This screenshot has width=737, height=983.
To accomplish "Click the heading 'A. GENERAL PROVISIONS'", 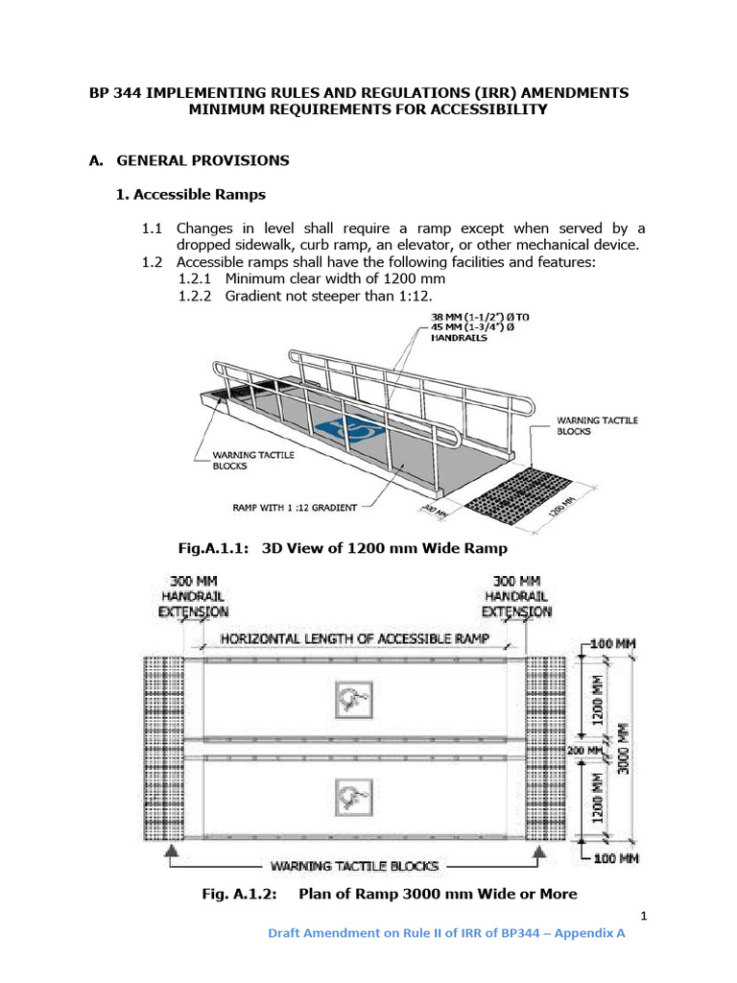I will coord(189,160).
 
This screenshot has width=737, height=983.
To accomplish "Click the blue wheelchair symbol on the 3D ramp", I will coord(345,430).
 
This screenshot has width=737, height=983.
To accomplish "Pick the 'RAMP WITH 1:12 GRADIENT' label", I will coord(295,507).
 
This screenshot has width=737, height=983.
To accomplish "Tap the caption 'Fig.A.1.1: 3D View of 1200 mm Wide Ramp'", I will coord(343,548).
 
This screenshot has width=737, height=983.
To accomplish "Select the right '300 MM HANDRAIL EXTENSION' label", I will coord(516,595).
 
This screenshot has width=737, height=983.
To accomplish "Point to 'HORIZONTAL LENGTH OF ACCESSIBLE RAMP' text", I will coord(355,638).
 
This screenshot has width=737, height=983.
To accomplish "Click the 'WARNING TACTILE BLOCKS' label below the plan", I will coord(355,866).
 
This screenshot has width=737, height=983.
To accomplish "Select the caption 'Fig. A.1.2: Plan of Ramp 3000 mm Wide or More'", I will coord(390,894).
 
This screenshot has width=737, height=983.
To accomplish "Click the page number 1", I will coord(644,916).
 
